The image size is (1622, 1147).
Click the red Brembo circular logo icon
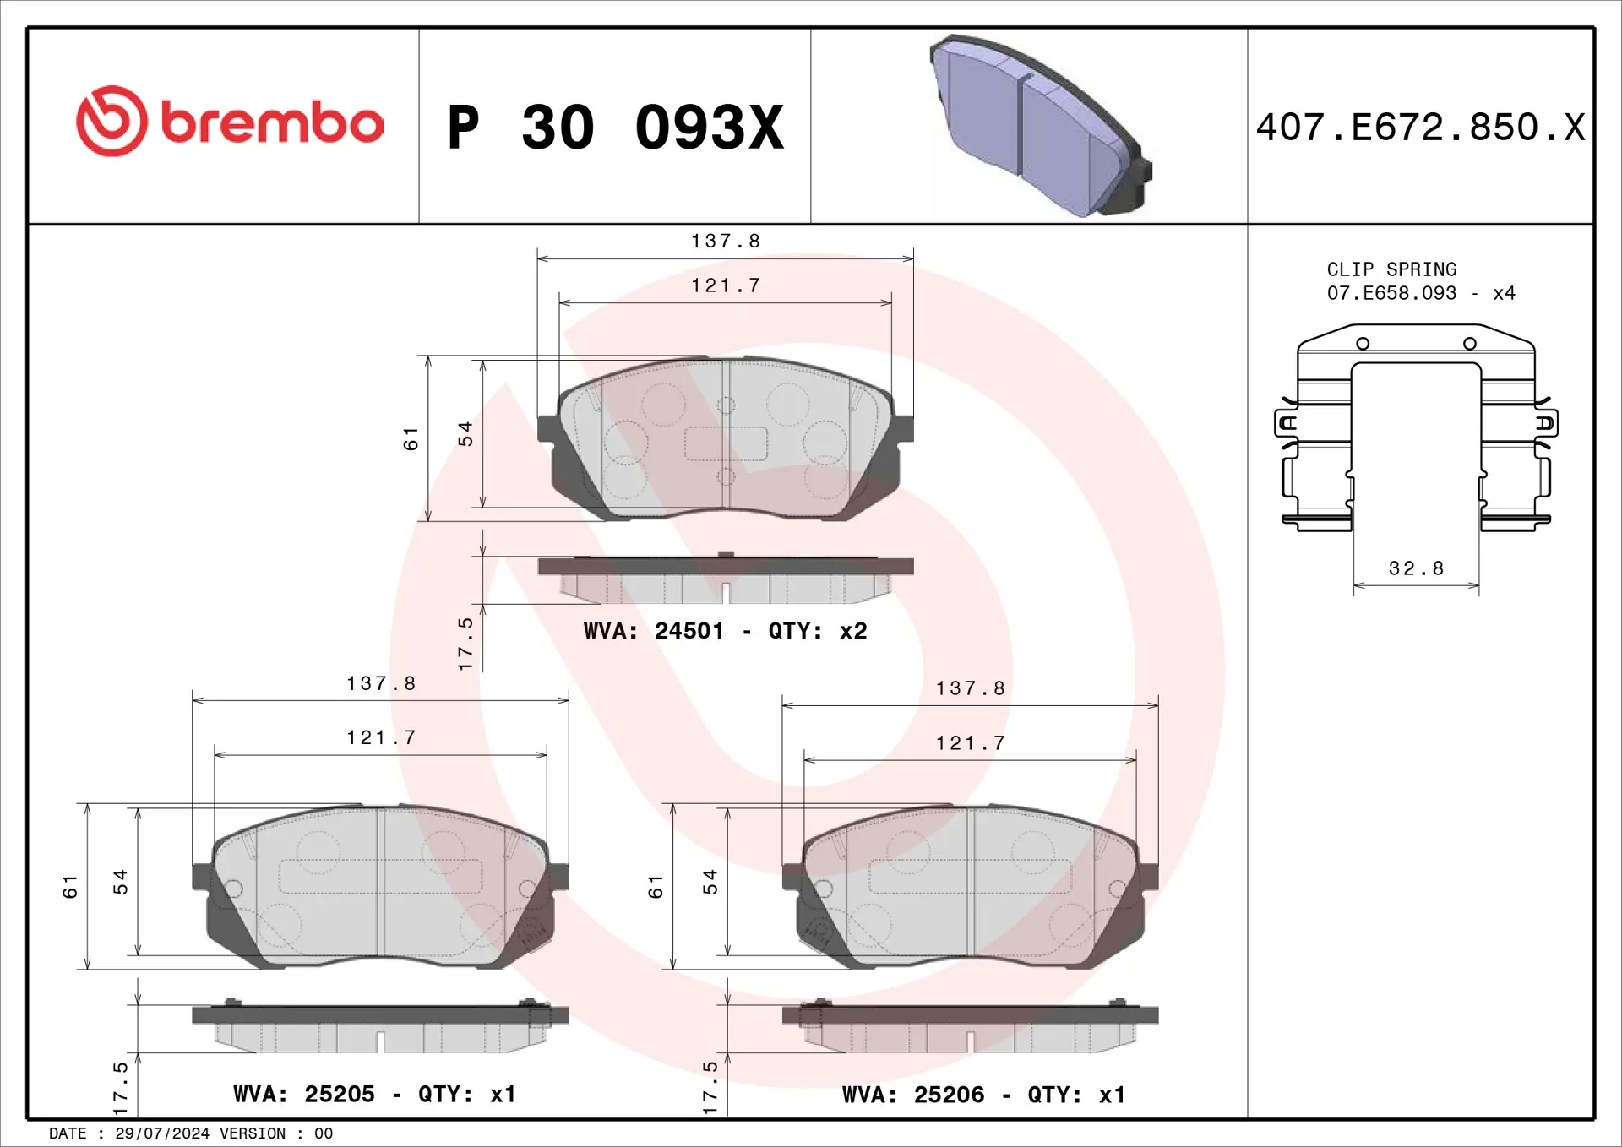tap(112, 121)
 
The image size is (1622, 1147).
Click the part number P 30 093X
tap(616, 128)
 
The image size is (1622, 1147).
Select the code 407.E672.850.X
tap(1420, 128)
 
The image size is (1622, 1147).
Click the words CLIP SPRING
tap(1391, 269)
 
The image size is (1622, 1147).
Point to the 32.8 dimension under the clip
tap(1416, 568)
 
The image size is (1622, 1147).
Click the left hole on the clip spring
tap(1363, 344)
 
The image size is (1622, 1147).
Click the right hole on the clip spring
tap(1470, 344)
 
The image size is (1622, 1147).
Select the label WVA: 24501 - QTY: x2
tap(725, 631)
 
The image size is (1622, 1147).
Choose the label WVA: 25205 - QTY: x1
tap(374, 1094)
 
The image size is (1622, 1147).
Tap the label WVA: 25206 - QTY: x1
tap(983, 1095)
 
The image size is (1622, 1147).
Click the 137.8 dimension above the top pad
tap(726, 242)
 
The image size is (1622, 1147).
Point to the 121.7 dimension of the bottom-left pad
tap(381, 738)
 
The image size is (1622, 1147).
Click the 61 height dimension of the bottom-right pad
tap(656, 886)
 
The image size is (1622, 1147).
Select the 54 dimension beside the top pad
tap(465, 433)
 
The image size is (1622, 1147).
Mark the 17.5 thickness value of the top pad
tap(465, 644)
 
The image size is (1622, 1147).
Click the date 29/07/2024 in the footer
tap(162, 1133)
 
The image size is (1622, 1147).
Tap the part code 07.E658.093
tap(1391, 293)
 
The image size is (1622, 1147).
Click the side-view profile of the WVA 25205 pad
tap(380, 1027)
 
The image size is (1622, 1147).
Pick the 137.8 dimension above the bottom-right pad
tap(970, 688)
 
